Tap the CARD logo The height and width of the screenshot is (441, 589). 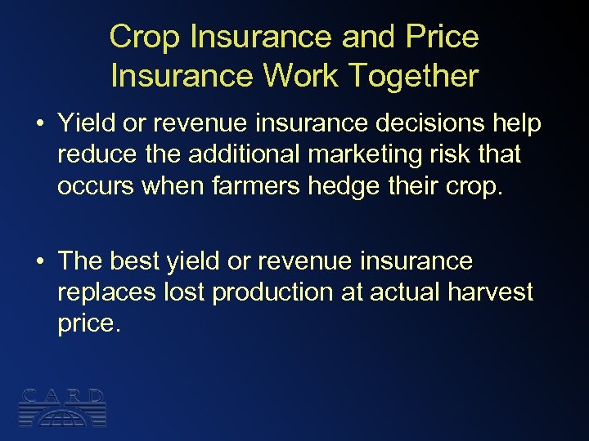coord(63,407)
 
